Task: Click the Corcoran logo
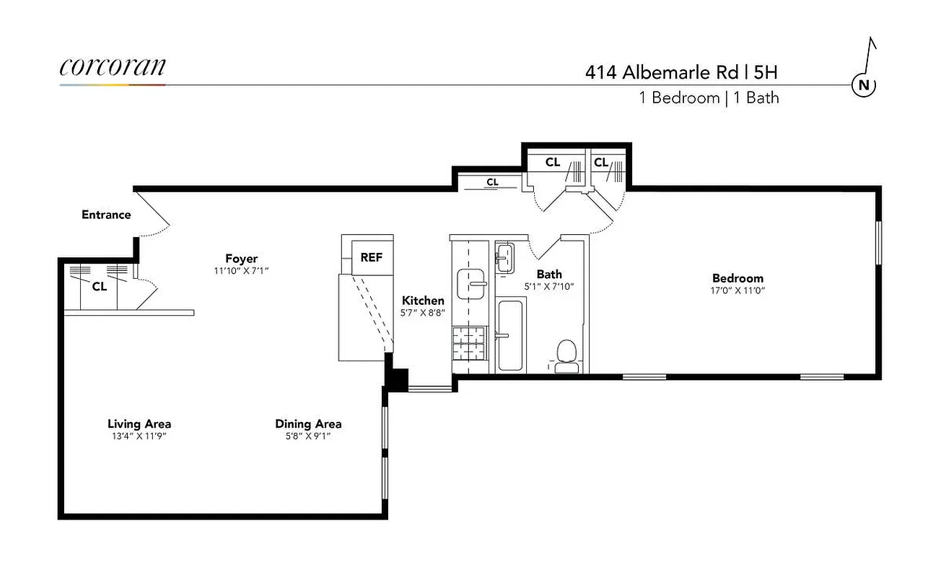click(x=113, y=67)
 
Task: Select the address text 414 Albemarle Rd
click(x=661, y=72)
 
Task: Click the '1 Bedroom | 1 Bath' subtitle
click(x=709, y=98)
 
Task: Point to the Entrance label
click(x=106, y=215)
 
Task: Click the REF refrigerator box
click(x=371, y=257)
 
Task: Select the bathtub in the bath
click(x=511, y=335)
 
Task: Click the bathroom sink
click(x=505, y=257)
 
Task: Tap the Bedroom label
click(x=737, y=278)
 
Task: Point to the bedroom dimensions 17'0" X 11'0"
click(x=737, y=290)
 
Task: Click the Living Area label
click(x=139, y=423)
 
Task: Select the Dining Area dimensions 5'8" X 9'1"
click(x=308, y=436)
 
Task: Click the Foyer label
click(x=241, y=259)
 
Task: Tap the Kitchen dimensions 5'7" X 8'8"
click(x=423, y=314)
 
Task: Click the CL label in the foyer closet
click(x=99, y=286)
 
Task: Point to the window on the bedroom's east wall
click(x=878, y=243)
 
